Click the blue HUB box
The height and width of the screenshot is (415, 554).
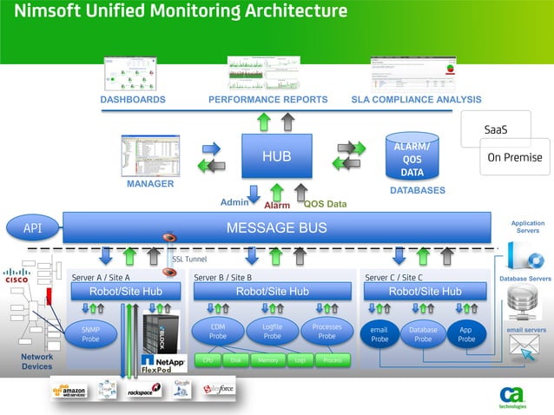pos(276,157)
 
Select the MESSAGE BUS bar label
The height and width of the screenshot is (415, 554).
pos(276,228)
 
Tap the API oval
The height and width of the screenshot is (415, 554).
pos(32,228)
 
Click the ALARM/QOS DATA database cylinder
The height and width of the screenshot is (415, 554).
pos(412,157)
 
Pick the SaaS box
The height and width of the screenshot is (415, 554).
pos(495,130)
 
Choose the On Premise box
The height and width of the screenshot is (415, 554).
pos(514,157)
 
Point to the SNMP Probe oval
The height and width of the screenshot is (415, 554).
pos(90,335)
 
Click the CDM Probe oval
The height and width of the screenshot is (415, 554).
pos(218,332)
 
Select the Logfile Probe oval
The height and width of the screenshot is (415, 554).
pos(272,332)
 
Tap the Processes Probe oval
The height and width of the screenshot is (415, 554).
pos(326,332)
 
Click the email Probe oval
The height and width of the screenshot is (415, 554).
pos(379,334)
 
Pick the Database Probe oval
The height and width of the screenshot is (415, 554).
pos(423,334)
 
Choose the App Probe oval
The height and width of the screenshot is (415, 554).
pos(466,334)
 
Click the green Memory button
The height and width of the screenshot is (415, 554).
pos(267,359)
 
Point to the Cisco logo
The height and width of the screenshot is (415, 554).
pos(16,276)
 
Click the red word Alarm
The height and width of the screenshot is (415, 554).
pos(277,206)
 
